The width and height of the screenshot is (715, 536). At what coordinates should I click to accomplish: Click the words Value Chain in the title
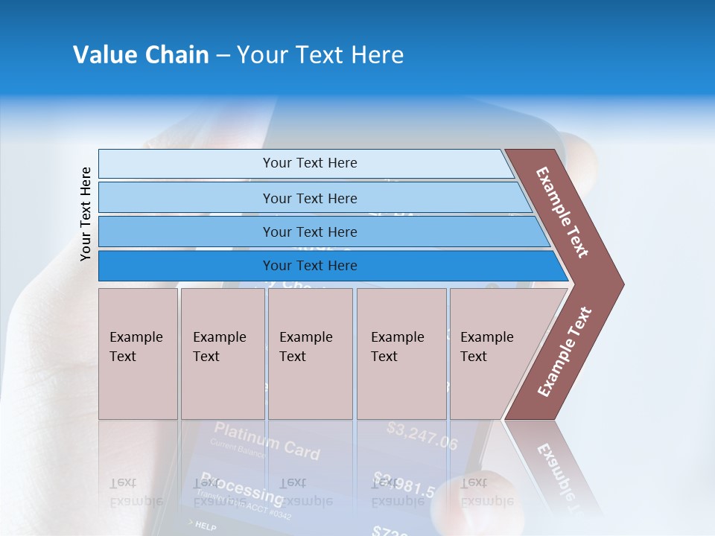141,55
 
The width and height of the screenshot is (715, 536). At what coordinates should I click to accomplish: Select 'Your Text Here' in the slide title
320,55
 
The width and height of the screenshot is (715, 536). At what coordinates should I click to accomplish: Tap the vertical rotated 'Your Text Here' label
86,214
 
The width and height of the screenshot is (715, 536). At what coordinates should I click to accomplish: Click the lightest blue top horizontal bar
309,163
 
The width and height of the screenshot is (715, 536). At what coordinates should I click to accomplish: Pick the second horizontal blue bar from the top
309,198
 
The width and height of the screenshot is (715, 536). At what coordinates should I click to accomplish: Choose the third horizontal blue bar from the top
309,232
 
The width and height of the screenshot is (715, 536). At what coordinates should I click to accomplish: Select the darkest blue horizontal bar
309,266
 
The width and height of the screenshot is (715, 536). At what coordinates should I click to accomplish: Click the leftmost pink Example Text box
138,354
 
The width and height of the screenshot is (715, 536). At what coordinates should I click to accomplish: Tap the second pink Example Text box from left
222,354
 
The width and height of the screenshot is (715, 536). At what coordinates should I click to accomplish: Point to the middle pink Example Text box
310,354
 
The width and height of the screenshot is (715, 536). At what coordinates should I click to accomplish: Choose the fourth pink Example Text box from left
401,354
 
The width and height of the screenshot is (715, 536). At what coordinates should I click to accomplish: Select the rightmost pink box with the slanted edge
492,354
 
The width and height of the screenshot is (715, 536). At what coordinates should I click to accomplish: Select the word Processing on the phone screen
241,488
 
